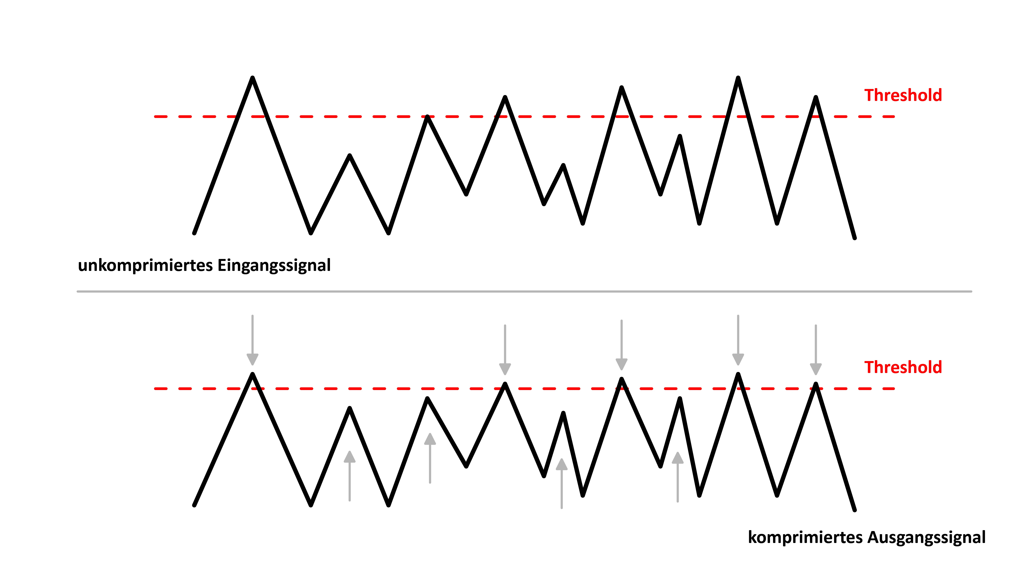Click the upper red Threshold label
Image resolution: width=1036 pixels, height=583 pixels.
click(903, 95)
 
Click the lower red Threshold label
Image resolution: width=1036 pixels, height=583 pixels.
click(903, 367)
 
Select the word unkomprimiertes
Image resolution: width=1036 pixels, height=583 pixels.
click(146, 266)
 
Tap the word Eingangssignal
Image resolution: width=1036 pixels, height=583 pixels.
click(274, 266)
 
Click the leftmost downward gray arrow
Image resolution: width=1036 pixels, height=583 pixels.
click(253, 340)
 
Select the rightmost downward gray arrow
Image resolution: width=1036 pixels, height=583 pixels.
click(816, 350)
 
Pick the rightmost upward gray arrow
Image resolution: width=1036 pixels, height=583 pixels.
click(678, 477)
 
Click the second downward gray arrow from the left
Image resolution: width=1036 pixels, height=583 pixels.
click(505, 350)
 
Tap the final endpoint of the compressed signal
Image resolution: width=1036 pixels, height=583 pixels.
click(855, 510)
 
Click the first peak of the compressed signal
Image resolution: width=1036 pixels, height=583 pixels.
click(253, 374)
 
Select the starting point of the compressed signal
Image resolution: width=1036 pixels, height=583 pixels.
click(194, 505)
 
